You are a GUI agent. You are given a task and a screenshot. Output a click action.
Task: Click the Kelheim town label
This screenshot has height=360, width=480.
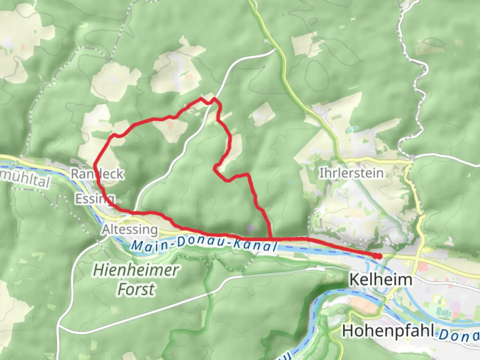[380, 279]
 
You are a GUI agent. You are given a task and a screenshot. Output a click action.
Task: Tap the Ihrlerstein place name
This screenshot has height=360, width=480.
[351, 173]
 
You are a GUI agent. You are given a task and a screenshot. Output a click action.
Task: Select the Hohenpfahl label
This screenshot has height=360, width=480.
[388, 331]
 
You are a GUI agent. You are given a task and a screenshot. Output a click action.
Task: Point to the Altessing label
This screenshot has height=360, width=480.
[130, 229]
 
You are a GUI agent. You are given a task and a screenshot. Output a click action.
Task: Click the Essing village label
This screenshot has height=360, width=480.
[95, 199]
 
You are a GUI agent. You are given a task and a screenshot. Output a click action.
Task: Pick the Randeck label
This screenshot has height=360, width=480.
[97, 174]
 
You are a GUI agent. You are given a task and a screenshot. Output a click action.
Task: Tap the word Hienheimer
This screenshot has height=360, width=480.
[136, 270]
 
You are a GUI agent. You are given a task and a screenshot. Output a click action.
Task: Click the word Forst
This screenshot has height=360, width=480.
[136, 289]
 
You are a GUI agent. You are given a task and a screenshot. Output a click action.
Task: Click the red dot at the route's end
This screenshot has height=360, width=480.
[378, 256]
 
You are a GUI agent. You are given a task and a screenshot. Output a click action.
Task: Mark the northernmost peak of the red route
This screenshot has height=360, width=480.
[201, 99]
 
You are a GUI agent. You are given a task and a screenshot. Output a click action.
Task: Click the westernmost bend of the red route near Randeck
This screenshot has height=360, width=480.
[95, 163]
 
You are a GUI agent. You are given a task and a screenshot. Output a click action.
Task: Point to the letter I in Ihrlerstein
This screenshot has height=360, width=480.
[321, 173]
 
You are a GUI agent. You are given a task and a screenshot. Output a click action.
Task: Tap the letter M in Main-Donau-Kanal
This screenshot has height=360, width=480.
[137, 246]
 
